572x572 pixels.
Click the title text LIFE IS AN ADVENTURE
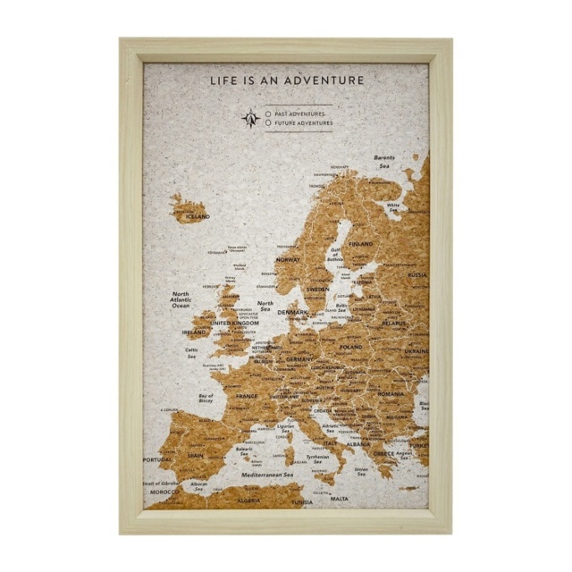[287, 80]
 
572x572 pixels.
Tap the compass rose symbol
[251, 118]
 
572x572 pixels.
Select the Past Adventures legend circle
[269, 114]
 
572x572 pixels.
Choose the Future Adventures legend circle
[269, 123]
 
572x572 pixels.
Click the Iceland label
[198, 216]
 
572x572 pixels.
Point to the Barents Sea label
[384, 162]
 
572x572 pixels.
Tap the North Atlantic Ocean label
[181, 299]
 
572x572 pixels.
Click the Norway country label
[288, 259]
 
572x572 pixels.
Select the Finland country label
[361, 244]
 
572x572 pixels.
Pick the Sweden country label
[317, 290]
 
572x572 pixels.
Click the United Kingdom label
[233, 324]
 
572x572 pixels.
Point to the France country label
[247, 396]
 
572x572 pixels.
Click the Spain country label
[196, 455]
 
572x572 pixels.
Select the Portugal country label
[156, 460]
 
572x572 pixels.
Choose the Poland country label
[350, 347]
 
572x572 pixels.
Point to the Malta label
[340, 499]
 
